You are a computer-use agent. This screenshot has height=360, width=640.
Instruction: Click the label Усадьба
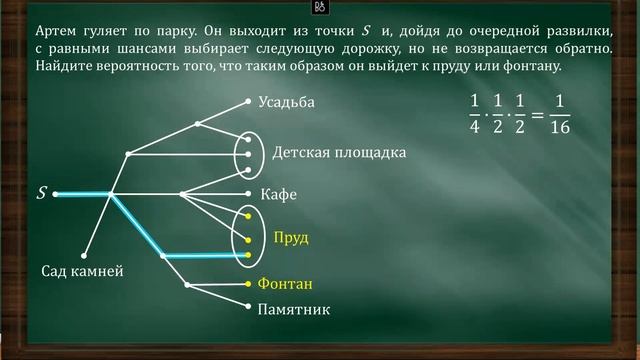click(x=286, y=102)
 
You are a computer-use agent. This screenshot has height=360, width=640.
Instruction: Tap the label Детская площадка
click(x=339, y=153)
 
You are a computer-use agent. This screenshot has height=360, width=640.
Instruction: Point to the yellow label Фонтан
click(x=286, y=283)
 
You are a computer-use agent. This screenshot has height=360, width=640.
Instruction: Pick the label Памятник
click(x=294, y=310)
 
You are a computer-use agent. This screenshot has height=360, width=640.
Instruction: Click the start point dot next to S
click(x=57, y=193)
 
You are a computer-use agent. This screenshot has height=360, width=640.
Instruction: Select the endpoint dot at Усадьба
click(x=247, y=102)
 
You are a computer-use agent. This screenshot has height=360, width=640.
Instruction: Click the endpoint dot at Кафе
click(x=247, y=193)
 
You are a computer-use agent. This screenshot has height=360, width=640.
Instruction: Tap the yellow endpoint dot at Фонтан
click(x=247, y=284)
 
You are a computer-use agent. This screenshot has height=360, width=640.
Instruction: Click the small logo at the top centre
click(x=321, y=7)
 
